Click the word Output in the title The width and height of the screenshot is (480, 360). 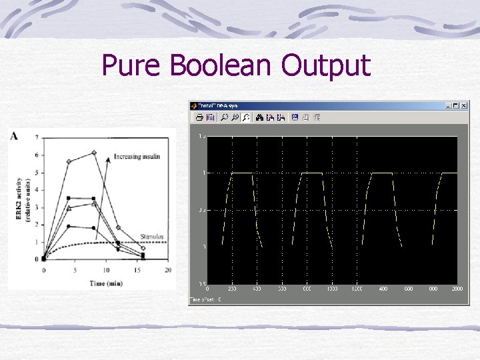[325, 66]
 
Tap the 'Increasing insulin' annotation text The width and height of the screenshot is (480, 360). [137, 157]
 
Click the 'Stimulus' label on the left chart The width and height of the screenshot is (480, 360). [152, 236]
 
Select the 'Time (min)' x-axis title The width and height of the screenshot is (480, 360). [105, 283]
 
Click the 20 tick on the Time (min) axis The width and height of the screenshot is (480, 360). [168, 270]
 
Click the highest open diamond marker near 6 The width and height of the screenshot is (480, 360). [94, 153]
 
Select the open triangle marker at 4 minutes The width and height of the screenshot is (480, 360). [69, 208]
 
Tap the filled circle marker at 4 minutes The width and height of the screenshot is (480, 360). [69, 226]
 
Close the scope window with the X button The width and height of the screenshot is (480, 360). [465, 105]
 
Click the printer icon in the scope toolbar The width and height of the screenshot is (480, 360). [199, 117]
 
